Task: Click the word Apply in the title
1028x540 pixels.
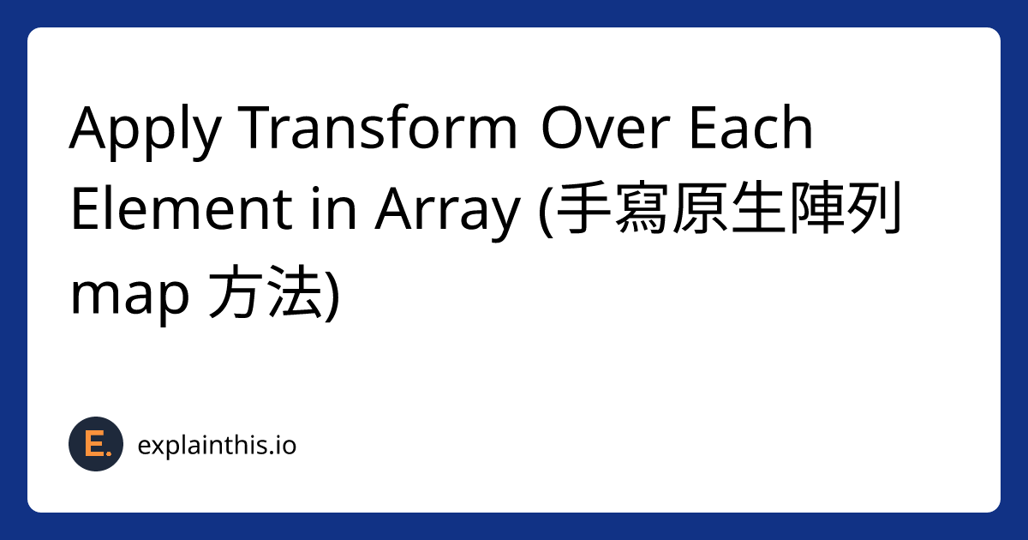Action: coord(146,132)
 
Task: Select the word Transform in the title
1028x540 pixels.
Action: coord(377,127)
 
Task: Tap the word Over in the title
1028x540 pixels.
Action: coord(606,128)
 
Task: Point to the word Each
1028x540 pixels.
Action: coord(750,127)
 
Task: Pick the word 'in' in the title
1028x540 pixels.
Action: coord(333,208)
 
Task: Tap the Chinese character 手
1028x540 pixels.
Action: coord(584,208)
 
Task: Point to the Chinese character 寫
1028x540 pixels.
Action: coord(641,208)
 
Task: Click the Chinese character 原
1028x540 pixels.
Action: coord(700,208)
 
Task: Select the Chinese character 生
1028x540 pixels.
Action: coord(757,208)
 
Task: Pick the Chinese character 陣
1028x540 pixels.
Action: coord(815,208)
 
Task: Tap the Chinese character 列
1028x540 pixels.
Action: coord(873,208)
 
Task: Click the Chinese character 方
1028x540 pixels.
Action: coord(236,291)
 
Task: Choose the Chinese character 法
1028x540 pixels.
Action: coord(295,291)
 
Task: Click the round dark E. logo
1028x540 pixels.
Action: coord(96,444)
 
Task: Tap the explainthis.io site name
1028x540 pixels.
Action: coord(217,445)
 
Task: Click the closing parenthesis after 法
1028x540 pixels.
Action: coord(332,294)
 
